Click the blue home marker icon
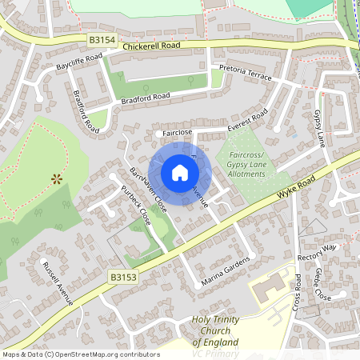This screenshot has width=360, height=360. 179,173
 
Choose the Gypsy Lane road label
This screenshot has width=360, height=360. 320,128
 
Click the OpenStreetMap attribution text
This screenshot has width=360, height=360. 80,354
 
